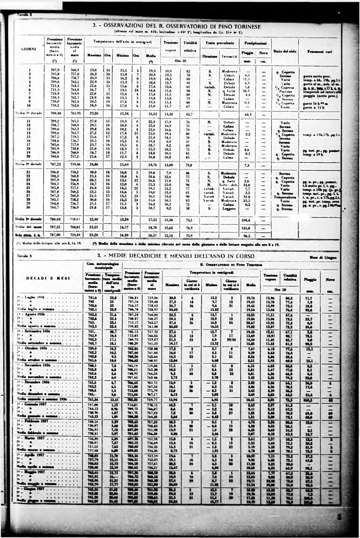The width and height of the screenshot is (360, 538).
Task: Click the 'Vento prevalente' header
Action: click(222, 43)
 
